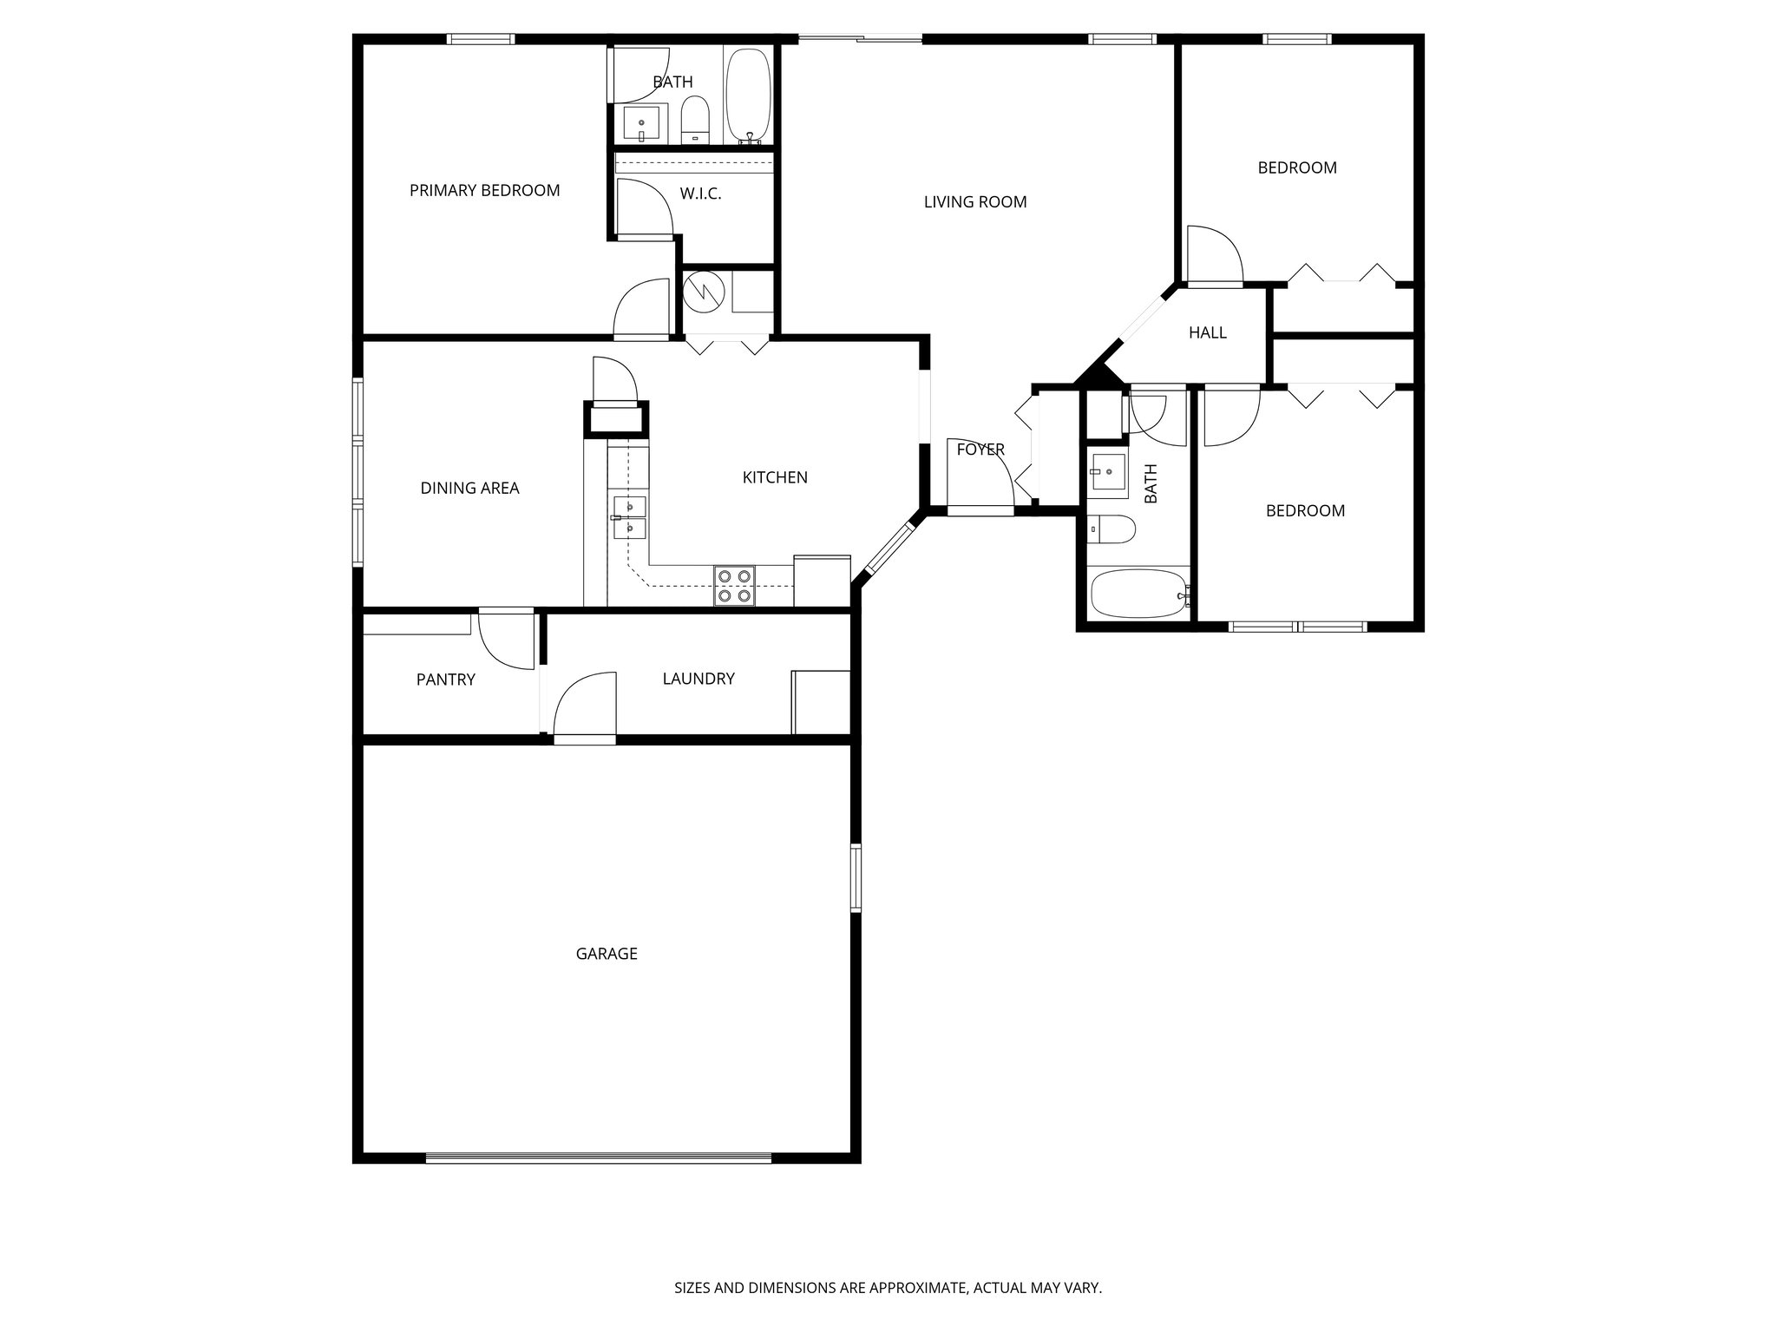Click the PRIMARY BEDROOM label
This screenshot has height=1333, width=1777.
coord(484,190)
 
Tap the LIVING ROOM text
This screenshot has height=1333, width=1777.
coord(974,202)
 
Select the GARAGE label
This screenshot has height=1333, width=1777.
coord(607,954)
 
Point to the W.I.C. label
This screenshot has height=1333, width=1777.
coord(700,194)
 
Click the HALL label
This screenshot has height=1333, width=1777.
coord(1207,332)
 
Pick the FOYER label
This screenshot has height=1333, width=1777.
coord(980,450)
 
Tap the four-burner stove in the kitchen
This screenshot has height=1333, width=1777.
coord(734,585)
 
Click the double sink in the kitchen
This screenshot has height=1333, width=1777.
coord(630,517)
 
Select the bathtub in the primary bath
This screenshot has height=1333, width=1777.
coord(747,95)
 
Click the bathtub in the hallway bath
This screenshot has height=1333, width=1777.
coord(1136,594)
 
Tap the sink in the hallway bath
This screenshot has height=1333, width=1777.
coord(1108,471)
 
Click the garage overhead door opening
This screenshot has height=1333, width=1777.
coord(599,1158)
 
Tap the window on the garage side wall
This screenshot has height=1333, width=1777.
coord(856,877)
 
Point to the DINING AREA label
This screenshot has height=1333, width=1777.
coord(469,489)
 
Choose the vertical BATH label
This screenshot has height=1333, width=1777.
coord(1151,483)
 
